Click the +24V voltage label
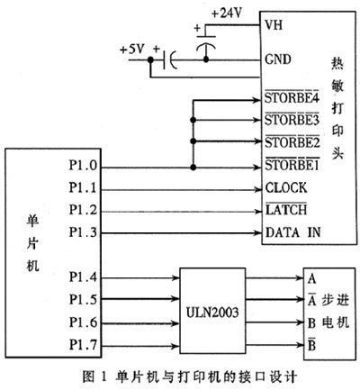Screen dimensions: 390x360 224,14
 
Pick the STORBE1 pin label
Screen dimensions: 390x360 293,166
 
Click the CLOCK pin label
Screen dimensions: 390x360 287,188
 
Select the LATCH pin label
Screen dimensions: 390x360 286,210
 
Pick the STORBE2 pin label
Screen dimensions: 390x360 293,143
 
